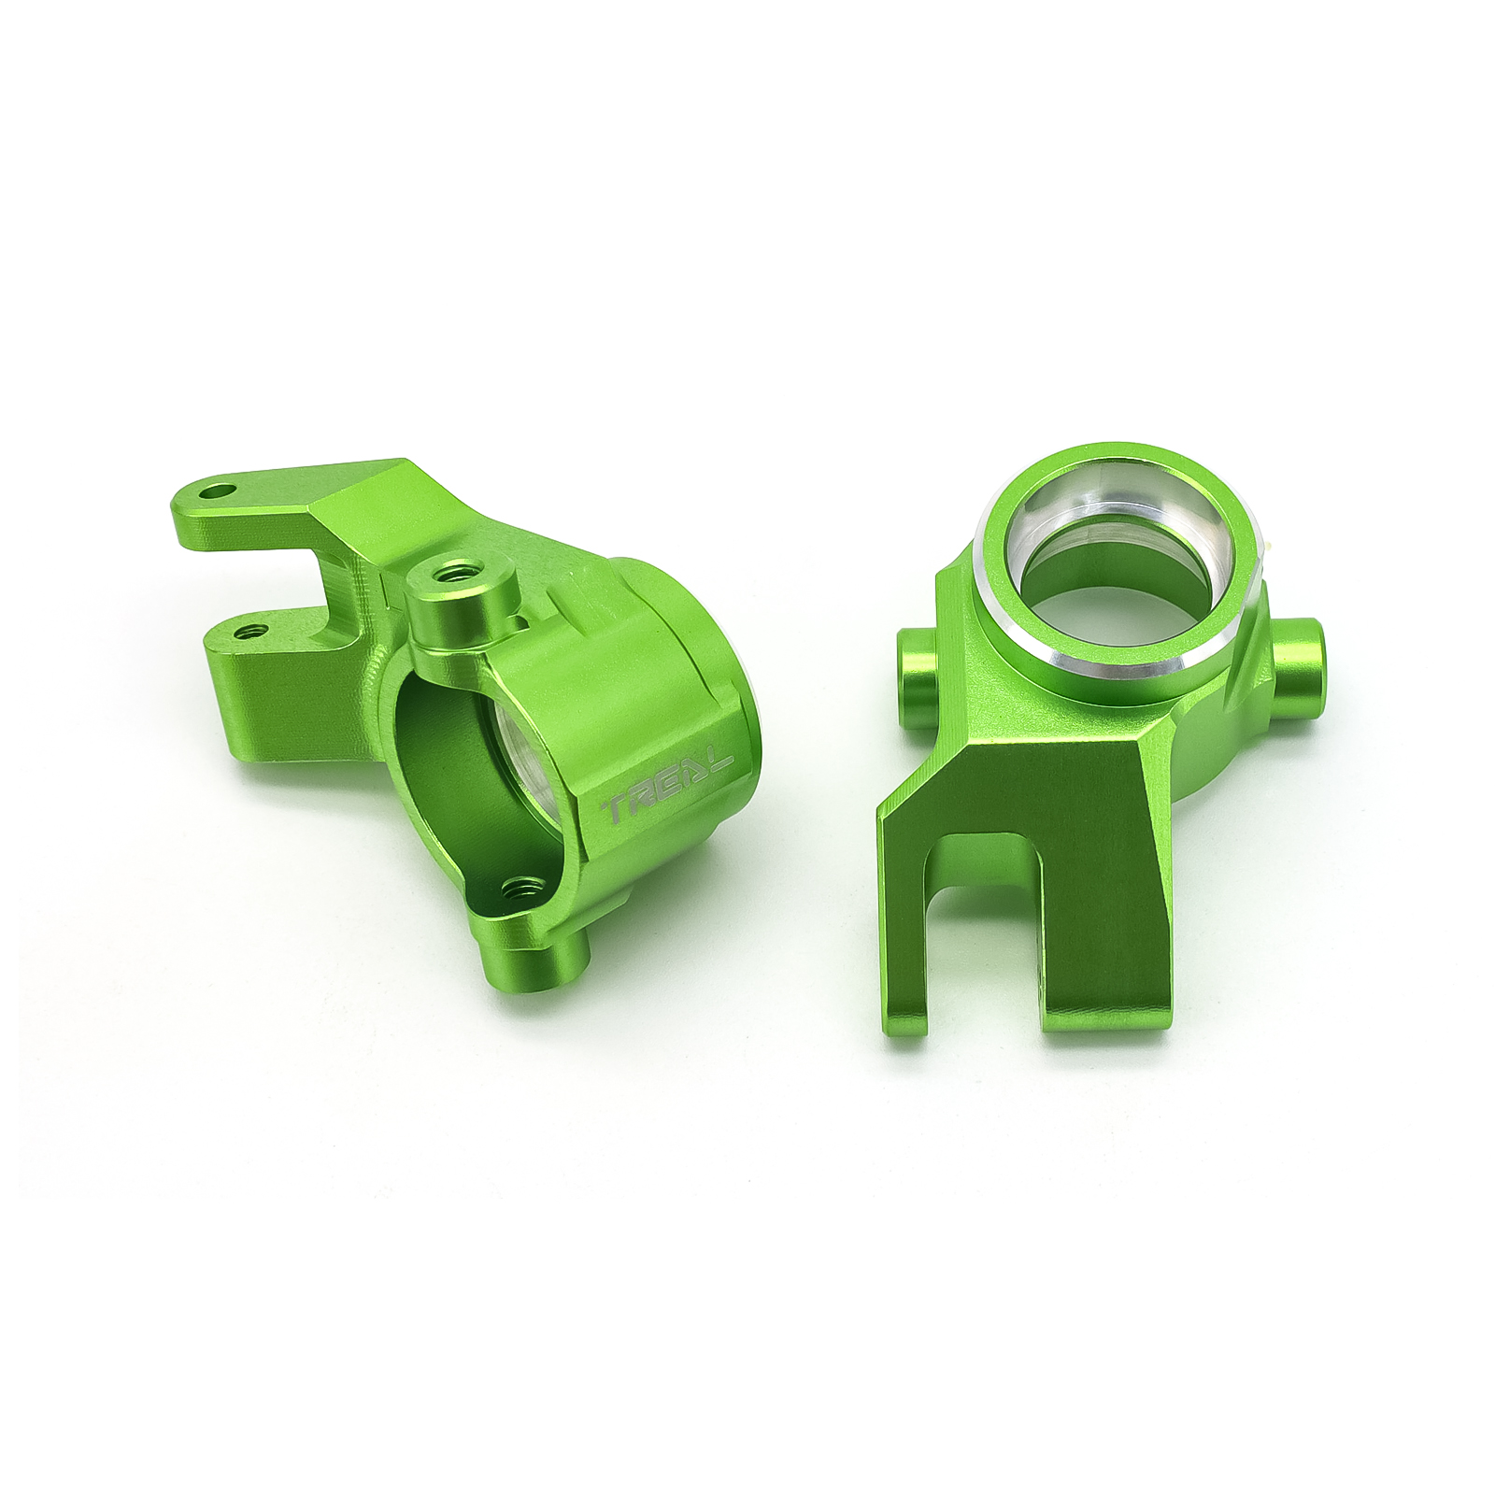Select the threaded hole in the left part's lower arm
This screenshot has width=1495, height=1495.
(x=248, y=632)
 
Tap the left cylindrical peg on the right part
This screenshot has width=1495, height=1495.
(x=918, y=664)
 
